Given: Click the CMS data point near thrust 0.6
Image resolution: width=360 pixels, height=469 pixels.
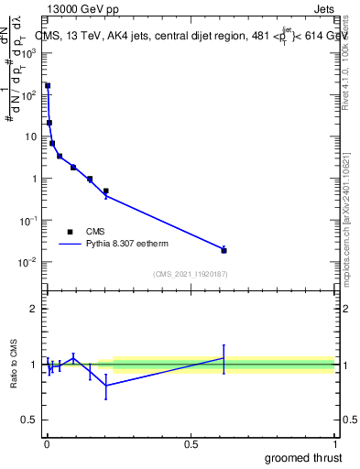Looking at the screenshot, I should point(224,250).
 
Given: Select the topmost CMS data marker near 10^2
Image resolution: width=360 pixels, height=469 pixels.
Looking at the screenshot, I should point(48,86).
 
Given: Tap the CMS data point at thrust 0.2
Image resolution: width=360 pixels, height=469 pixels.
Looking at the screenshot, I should point(106,191).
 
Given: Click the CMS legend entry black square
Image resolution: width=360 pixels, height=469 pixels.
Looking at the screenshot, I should point(70,232).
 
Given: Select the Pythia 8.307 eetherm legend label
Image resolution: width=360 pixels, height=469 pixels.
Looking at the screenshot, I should point(127,245).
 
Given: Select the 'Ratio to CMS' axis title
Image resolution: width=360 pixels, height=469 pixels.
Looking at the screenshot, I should point(14,364).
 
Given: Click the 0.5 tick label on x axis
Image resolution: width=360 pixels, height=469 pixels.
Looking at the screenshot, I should point(191,443).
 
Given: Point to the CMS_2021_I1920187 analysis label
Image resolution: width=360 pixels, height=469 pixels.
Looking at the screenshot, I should point(190,274).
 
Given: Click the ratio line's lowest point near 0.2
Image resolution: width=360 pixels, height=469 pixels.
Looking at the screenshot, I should point(106,386).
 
